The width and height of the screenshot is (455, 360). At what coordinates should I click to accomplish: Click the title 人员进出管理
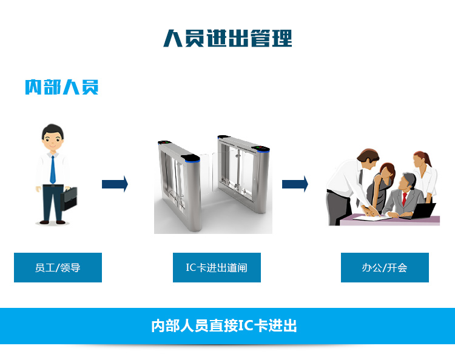227,38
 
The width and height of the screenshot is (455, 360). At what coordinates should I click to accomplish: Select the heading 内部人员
61,87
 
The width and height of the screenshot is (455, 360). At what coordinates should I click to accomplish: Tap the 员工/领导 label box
58,267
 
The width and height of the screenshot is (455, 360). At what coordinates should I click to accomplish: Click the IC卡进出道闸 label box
217,267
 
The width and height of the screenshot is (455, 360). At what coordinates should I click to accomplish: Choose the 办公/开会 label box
385,267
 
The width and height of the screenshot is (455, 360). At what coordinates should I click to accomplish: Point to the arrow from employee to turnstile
115,184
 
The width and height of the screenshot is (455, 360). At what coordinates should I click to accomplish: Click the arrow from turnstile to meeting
295,184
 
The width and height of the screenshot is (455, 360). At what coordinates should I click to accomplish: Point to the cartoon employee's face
53,141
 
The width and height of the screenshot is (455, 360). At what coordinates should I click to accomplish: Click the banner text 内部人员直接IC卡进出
224,325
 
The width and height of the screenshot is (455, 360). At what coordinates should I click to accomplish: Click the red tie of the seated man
404,198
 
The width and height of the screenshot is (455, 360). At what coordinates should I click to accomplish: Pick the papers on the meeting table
370,217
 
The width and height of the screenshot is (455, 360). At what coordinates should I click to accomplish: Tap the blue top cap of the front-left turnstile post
191,158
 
